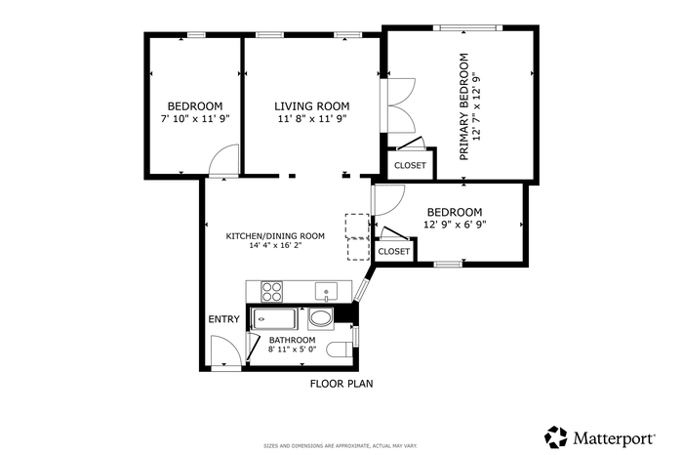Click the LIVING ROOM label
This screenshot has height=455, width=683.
(x=312, y=106)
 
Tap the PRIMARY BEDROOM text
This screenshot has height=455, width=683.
(x=464, y=106)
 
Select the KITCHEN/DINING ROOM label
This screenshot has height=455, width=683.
(x=275, y=236)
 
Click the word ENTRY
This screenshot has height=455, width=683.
(x=223, y=319)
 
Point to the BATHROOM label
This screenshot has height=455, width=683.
(x=293, y=340)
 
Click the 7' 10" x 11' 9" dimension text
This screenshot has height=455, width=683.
(x=195, y=118)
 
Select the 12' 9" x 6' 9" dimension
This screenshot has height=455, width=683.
(x=455, y=225)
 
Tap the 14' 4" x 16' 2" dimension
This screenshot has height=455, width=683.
(x=275, y=245)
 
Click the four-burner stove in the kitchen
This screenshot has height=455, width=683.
(x=271, y=292)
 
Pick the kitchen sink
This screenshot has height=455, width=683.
(x=326, y=292)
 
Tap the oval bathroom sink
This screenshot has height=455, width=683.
(x=321, y=318)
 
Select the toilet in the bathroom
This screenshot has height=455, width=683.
(x=340, y=350)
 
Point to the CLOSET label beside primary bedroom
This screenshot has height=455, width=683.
(x=410, y=166)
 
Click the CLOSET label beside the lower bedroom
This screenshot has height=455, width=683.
(x=394, y=252)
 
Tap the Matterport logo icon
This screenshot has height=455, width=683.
(x=556, y=437)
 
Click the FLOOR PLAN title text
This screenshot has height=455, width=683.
(x=341, y=384)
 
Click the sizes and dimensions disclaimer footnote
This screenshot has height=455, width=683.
(x=341, y=446)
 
